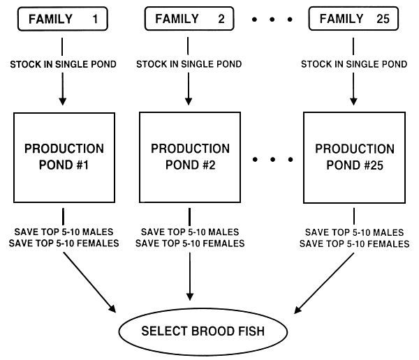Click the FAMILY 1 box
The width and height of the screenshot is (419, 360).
[62, 19]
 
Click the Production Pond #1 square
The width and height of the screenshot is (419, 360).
[64, 157]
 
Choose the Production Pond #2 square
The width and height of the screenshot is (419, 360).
[190, 157]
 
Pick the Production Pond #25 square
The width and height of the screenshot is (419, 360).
[354, 157]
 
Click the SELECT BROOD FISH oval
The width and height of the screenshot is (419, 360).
[203, 330]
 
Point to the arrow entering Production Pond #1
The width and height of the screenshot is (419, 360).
[63, 91]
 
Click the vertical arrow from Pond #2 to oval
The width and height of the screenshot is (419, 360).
[189, 279]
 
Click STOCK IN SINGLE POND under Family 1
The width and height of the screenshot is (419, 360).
[62, 64]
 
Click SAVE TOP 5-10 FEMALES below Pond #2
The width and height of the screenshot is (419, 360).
[190, 243]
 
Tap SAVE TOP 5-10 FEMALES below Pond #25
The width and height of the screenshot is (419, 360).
[354, 243]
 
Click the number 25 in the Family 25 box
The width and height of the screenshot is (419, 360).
[382, 19]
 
